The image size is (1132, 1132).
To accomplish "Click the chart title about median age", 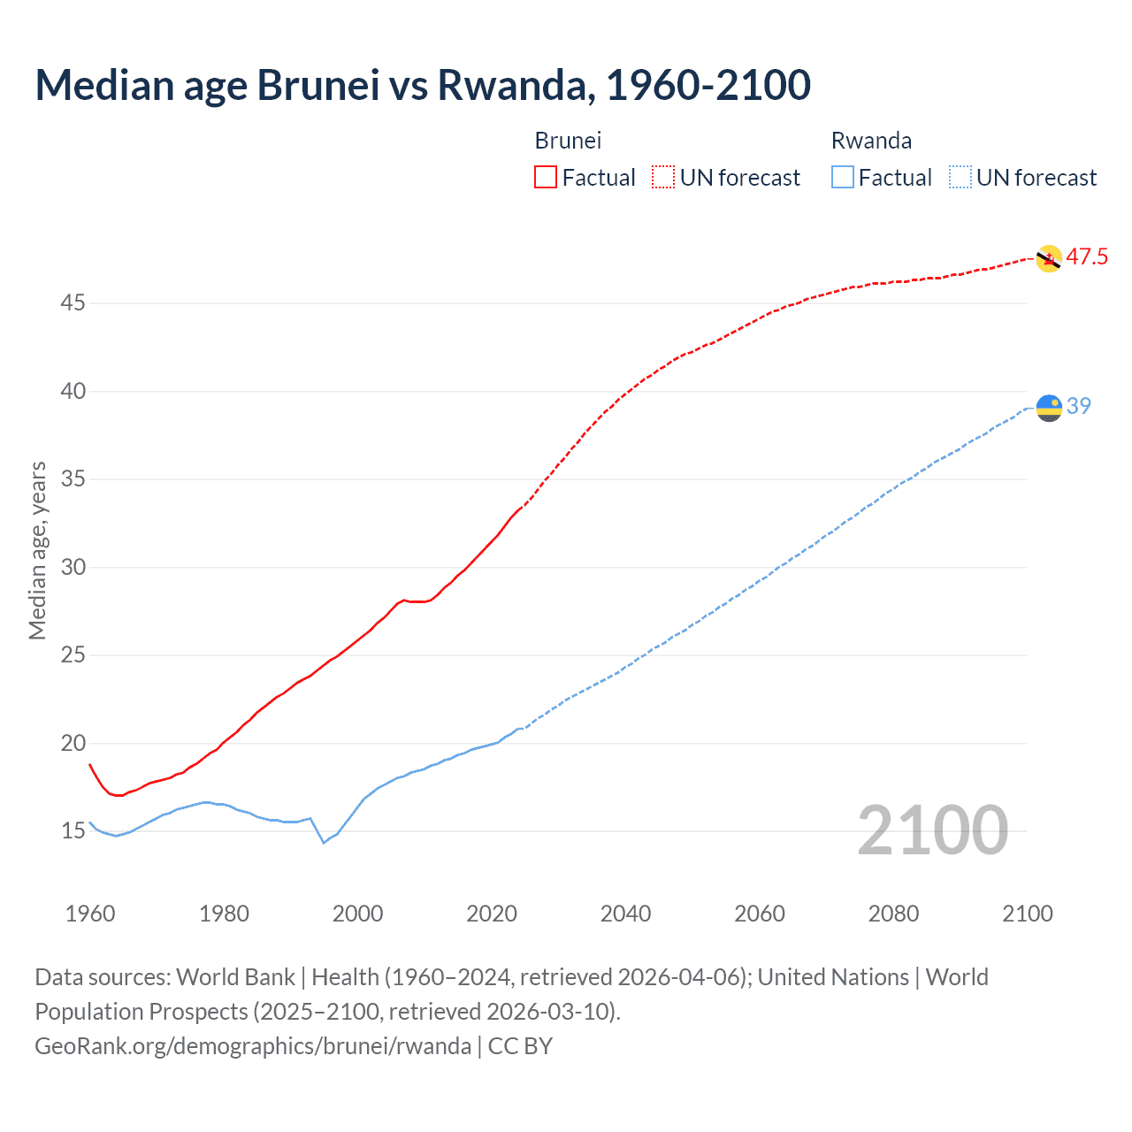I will coord(423,85).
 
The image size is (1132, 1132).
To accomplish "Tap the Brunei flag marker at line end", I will coord(1048,258).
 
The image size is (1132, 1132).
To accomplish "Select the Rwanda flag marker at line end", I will coord(1049,408).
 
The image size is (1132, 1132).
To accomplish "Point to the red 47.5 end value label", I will coord(1087,257).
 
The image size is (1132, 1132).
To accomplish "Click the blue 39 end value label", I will coord(1079,406).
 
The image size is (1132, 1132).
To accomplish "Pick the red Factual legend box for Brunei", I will coord(546,178).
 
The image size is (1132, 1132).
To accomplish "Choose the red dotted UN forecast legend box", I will coord(663,178).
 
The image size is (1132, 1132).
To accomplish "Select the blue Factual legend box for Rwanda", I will coord(843,178).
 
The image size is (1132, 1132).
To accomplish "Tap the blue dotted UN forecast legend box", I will coord(960,178).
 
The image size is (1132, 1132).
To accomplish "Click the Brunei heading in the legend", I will coord(568,141).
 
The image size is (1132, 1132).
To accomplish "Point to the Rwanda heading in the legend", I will coord(871,141).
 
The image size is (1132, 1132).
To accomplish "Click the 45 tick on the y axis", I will coord(73,303).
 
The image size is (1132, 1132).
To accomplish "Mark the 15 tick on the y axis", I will coord(73,831).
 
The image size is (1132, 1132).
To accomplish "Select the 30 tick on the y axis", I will coord(73,567).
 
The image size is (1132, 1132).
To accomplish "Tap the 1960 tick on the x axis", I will coord(90,914).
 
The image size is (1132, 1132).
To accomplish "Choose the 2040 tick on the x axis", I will coord(625,914).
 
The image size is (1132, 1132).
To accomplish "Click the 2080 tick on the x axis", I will coord(893,914).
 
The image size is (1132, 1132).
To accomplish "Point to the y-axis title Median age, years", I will coord(37,550).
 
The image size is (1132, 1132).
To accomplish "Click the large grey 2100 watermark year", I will coord(933,830).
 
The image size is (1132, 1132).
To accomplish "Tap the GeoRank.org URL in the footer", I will coord(253,1046).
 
